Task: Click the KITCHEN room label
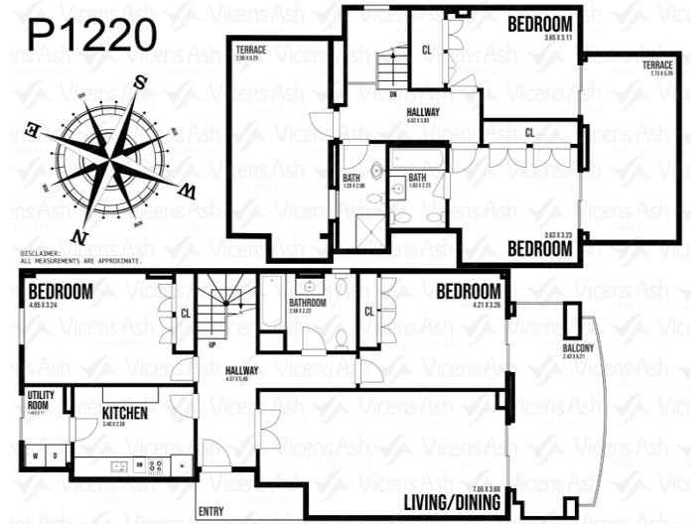click(124, 413)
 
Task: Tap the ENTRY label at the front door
click(211, 511)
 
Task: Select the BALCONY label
click(578, 347)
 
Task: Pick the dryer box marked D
click(57, 457)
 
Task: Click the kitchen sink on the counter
click(118, 464)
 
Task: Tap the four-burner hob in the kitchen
click(156, 464)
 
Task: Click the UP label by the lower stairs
click(211, 346)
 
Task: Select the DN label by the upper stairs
click(394, 95)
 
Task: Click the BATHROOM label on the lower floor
click(308, 302)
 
